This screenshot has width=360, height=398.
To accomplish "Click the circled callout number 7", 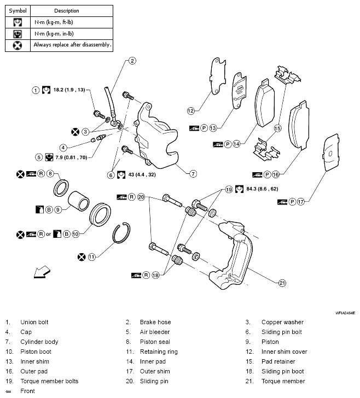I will [193, 174].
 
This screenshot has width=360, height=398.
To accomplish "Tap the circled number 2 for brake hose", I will [132, 61].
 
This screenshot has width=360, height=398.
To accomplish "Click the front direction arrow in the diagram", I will [41, 271].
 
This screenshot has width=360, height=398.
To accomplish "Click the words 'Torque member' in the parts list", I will [283, 381].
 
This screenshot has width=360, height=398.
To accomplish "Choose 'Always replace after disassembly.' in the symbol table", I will [72, 45].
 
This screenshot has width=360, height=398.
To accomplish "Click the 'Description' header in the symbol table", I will [67, 10].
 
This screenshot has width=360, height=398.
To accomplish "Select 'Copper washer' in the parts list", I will [282, 322].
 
